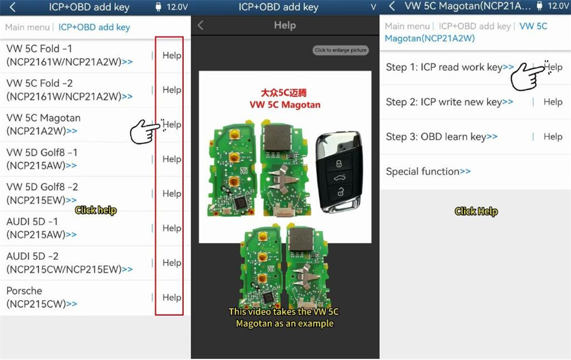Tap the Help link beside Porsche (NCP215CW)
171,297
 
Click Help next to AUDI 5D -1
171,228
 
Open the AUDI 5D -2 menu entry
69,262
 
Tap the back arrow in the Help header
200,25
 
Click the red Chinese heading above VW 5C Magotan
284,93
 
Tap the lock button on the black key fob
339,164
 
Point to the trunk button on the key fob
339,178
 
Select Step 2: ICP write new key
449,102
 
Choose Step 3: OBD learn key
441,136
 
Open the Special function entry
428,172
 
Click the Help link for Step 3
553,136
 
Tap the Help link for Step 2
553,102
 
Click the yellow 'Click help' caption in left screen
96,211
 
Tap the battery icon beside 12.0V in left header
158,7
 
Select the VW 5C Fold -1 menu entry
69,55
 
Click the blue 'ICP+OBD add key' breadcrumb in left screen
94,27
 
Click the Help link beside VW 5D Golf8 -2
171,193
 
